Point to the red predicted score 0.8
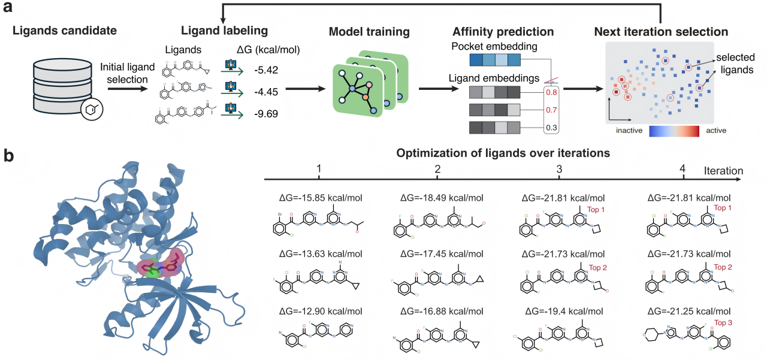pos(551,93)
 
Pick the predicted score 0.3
pos(551,128)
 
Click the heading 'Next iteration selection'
pos(661,31)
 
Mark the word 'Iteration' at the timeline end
pos(724,171)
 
